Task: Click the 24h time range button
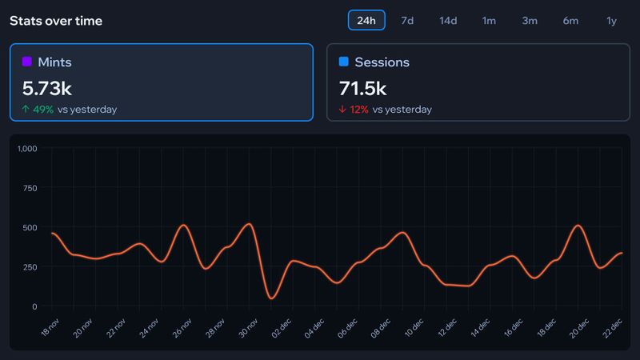click(366, 20)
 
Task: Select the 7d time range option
click(407, 20)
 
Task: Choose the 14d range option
click(448, 20)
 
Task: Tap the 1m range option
click(489, 20)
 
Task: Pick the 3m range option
click(530, 20)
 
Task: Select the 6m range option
click(570, 20)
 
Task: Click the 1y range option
click(611, 20)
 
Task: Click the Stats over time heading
click(56, 20)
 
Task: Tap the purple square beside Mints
click(26, 62)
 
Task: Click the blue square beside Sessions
click(343, 62)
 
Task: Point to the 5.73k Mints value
click(47, 87)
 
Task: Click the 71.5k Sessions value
click(363, 87)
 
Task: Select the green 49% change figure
click(42, 109)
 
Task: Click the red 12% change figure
click(359, 109)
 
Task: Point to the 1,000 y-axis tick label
click(27, 149)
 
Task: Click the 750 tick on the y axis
click(30, 188)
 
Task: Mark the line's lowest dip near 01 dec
click(271, 298)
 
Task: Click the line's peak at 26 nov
click(183, 225)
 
